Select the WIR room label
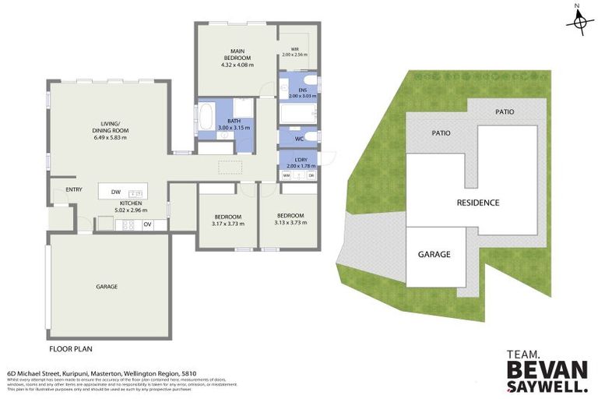(295, 51)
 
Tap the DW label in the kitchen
(115, 192)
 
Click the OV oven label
(146, 225)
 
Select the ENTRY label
(74, 189)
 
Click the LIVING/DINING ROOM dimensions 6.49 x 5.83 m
(104, 138)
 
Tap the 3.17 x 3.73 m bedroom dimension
(227, 223)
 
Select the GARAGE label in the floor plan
(107, 287)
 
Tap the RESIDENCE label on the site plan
(477, 203)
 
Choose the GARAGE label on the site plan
(434, 254)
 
